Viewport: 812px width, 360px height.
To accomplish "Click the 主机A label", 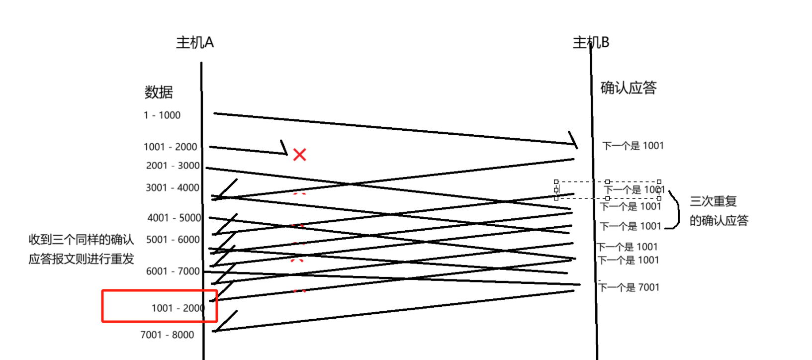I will click(x=194, y=43).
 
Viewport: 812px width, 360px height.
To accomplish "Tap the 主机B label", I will click(x=591, y=43).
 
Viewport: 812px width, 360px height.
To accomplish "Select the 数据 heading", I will click(x=159, y=92).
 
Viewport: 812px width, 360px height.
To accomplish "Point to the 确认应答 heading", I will click(x=628, y=88).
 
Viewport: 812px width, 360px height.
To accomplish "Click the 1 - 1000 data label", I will click(x=162, y=115).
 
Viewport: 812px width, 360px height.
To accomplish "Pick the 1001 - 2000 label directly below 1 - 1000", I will click(x=170, y=147).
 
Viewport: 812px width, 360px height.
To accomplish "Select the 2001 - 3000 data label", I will click(x=173, y=166).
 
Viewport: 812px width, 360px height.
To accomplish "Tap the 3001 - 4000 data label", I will click(x=172, y=188).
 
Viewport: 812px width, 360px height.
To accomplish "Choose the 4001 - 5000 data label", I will click(x=174, y=218).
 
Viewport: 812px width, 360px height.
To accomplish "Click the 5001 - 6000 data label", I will click(x=173, y=240).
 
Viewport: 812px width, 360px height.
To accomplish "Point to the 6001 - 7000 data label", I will click(x=173, y=271).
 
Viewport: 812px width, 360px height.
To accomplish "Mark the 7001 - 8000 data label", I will click(x=167, y=335).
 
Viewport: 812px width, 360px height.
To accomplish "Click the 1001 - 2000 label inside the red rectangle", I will click(x=178, y=308).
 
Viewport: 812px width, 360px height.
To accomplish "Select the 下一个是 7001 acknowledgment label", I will click(x=629, y=287).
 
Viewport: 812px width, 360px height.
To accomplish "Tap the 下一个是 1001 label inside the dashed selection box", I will click(x=634, y=190).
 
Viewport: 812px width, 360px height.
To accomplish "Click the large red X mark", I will click(x=299, y=155).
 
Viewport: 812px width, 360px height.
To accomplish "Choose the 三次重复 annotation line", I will click(x=713, y=201).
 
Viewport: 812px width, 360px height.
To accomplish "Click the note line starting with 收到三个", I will click(x=81, y=240).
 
